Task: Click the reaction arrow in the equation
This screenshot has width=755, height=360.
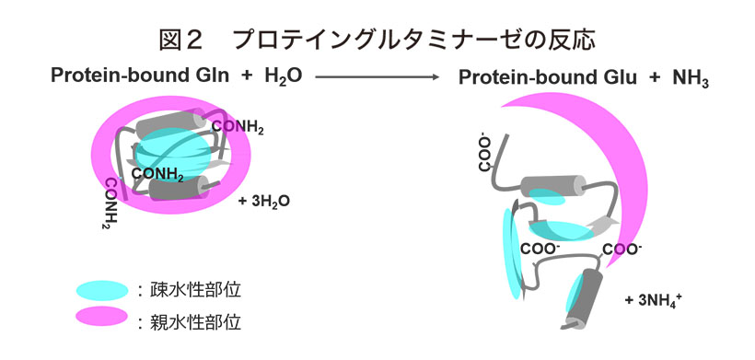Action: tap(377, 76)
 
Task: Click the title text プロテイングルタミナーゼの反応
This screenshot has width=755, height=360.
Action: tap(414, 41)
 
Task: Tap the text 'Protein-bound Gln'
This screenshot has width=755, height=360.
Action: tap(140, 76)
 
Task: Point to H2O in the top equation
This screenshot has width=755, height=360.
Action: tap(284, 77)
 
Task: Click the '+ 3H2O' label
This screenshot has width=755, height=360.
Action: tap(264, 201)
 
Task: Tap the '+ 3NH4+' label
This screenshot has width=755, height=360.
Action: tap(652, 299)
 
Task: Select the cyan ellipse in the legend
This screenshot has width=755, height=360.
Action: tap(102, 290)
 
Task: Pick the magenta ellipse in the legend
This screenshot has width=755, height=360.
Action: tap(102, 317)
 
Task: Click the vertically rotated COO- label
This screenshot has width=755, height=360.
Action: tap(485, 154)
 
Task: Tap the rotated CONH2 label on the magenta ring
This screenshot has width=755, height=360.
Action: tap(112, 203)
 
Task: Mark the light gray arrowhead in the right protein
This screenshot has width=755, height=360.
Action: tap(604, 225)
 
